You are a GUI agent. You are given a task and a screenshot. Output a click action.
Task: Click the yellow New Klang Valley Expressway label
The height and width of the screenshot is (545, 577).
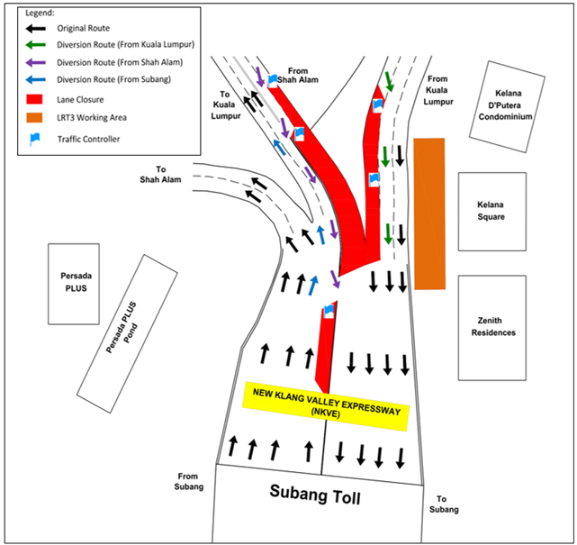pos(326,405)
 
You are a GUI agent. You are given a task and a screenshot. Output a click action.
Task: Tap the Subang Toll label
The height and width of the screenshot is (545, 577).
pos(315,494)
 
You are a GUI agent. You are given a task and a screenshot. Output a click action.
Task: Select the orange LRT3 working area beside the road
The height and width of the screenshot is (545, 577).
pos(429,214)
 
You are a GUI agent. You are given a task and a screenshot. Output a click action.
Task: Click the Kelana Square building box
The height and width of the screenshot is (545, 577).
pos(492,212)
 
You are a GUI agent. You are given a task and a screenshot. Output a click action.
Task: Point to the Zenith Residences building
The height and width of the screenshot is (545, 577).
pos(492,328)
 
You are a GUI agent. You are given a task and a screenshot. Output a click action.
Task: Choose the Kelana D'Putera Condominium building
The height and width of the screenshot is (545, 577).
pos(507,106)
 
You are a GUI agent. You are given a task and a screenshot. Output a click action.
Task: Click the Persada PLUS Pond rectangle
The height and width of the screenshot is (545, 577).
pos(127,333)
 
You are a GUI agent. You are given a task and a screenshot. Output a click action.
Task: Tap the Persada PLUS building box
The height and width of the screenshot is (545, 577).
pos(74,284)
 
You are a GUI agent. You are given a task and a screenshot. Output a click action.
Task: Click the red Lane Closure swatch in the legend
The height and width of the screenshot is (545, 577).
pos(34,99)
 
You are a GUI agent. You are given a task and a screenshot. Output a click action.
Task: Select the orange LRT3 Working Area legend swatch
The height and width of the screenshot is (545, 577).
pos(34,117)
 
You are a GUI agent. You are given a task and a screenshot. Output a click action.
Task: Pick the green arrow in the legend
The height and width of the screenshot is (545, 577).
pos(36,45)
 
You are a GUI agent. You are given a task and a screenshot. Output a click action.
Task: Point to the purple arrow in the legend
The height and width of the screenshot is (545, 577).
pos(36,62)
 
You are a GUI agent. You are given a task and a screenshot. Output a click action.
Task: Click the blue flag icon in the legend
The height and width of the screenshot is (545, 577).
pos(34,139)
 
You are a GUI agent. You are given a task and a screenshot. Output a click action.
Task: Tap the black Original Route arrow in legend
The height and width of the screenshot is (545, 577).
pos(36,28)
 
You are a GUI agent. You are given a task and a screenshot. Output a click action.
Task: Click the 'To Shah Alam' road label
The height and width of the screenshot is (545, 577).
pos(160,175)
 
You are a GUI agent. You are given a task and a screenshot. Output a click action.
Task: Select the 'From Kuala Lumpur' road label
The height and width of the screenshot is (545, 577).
pos(437,90)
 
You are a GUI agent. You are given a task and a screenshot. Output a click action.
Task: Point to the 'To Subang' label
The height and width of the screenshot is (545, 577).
pos(444,504)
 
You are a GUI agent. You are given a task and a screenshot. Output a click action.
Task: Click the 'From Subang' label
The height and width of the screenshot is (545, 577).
pos(188,481)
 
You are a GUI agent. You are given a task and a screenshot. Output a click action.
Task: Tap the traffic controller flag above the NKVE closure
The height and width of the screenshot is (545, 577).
pos(329,311)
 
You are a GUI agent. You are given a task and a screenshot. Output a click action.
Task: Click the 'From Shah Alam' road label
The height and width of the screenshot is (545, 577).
pos(298,75)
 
